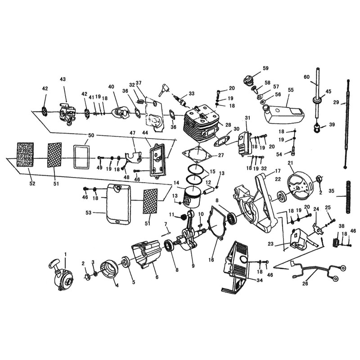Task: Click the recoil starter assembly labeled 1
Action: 61,274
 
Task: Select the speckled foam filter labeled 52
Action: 25,155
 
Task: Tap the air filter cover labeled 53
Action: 118,204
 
